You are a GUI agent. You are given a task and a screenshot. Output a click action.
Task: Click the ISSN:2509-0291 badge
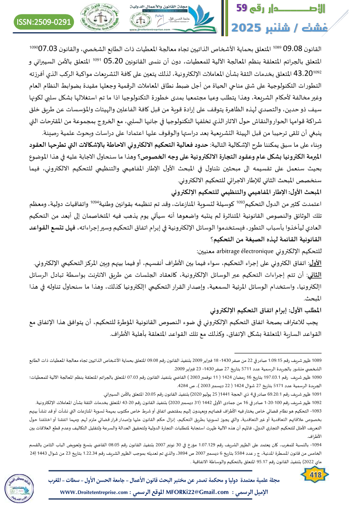pos(44,21)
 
